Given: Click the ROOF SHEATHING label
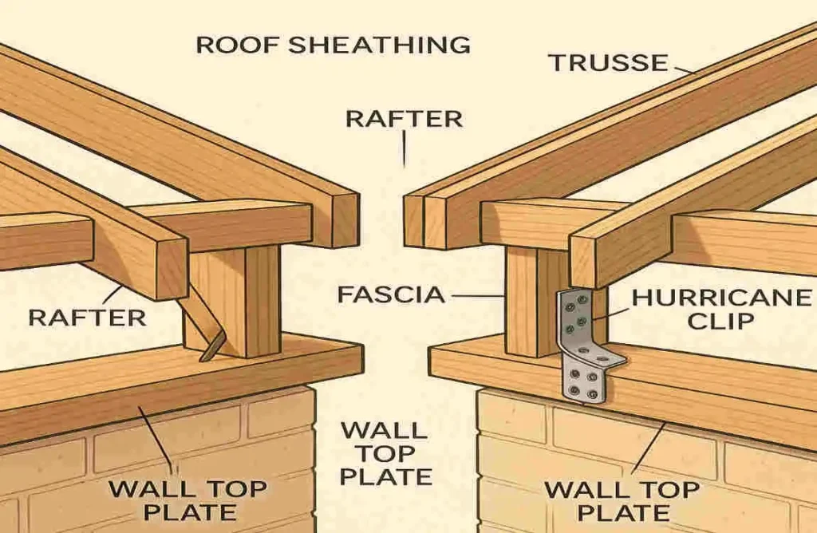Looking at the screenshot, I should pyautogui.click(x=333, y=44).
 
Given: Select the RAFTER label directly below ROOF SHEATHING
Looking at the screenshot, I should pyautogui.click(x=404, y=119).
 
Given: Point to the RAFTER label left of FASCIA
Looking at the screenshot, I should pyautogui.click(x=87, y=318).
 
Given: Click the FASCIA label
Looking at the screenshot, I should pyautogui.click(x=391, y=294).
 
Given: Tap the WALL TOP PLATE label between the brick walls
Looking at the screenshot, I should pyautogui.click(x=385, y=453).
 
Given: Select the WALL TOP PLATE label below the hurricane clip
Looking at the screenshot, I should pyautogui.click(x=627, y=499).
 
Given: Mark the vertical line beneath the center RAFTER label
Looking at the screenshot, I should pyautogui.click(x=404, y=150).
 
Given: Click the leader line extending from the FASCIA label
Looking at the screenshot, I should pyautogui.click(x=479, y=295).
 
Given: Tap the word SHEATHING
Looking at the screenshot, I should pyautogui.click(x=378, y=44).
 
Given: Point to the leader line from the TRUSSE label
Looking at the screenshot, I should pyautogui.click(x=683, y=69).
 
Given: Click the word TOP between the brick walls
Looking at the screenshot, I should pyautogui.click(x=384, y=453).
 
